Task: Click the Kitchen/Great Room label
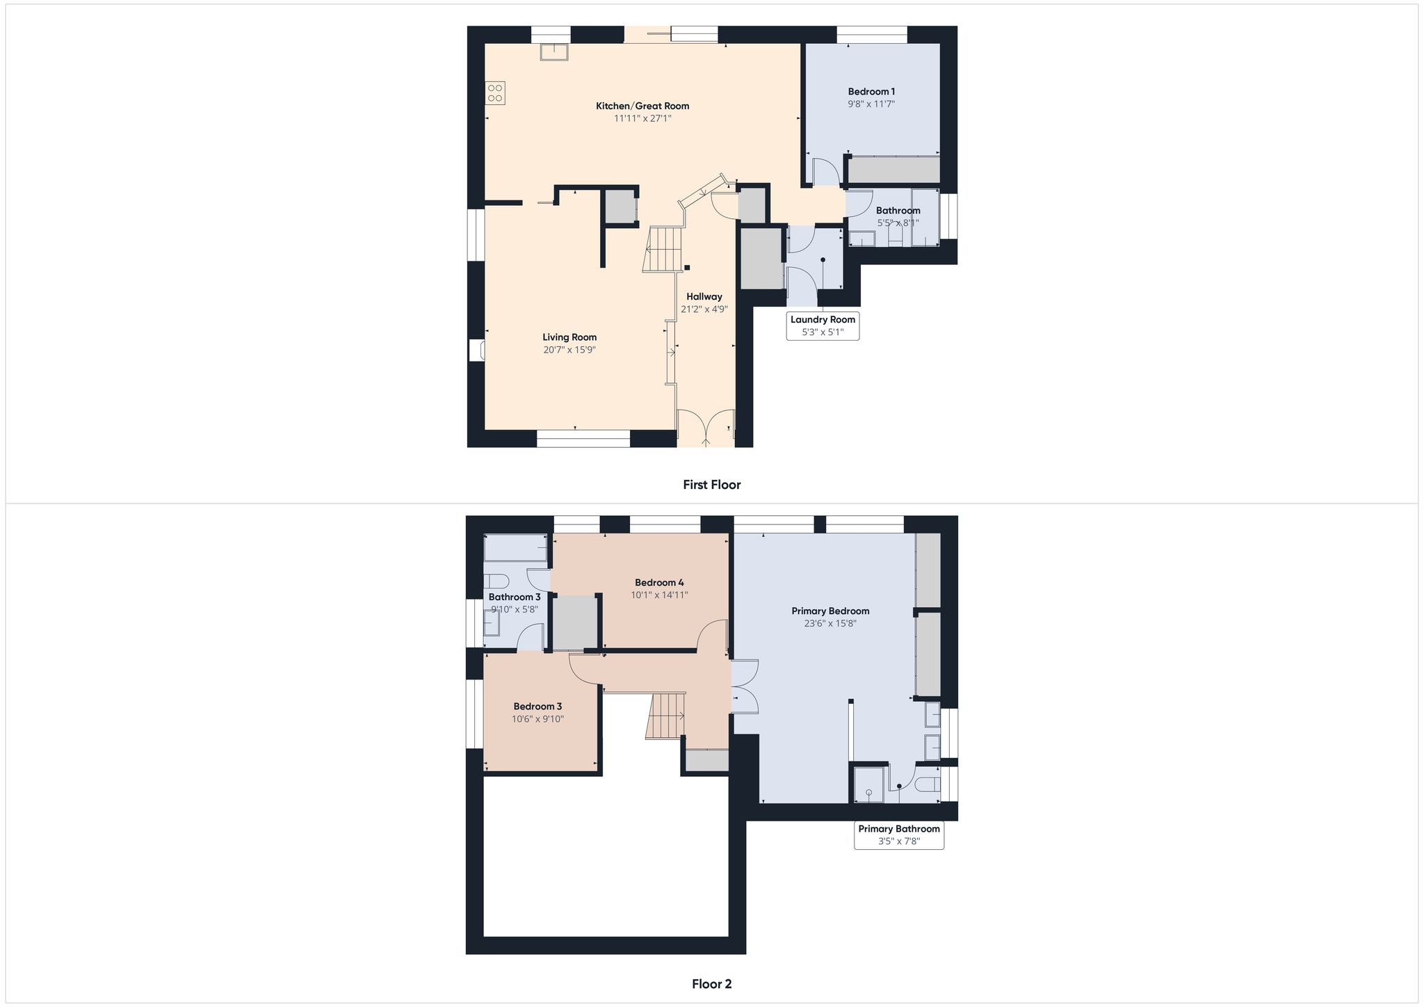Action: (x=642, y=106)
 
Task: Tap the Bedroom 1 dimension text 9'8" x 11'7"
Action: (x=871, y=104)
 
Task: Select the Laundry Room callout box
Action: (x=823, y=325)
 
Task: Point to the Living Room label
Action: (x=569, y=337)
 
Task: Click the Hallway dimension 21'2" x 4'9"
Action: (x=704, y=309)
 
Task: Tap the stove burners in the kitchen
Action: (x=495, y=93)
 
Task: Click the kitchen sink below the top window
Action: (x=554, y=51)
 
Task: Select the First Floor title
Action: (x=712, y=485)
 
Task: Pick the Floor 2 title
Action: (x=712, y=984)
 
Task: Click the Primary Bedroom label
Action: (x=830, y=611)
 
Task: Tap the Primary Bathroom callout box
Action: (x=899, y=835)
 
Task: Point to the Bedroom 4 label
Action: (x=659, y=583)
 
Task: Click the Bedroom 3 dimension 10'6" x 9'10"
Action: (x=537, y=719)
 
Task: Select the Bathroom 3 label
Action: (x=515, y=597)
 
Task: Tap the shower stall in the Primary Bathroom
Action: (x=868, y=784)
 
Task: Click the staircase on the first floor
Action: (x=663, y=249)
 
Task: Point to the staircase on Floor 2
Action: (x=666, y=716)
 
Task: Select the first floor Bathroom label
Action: (x=898, y=211)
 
